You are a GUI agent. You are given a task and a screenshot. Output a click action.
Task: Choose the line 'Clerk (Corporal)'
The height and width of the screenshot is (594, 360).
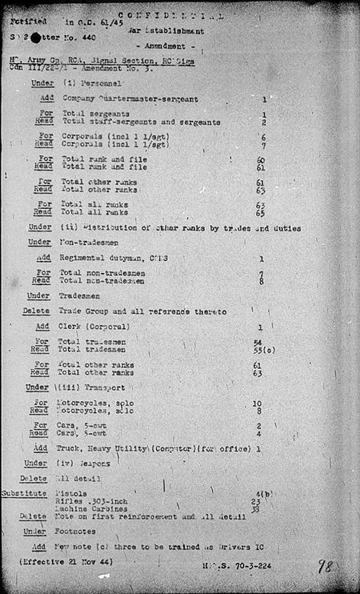[94, 327]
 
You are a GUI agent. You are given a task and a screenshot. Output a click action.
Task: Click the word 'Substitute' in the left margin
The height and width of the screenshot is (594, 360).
[23, 494]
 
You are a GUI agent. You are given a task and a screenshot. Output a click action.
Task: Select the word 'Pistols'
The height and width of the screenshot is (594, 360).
[73, 494]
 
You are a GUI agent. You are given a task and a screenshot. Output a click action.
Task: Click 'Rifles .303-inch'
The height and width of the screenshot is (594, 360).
[87, 501]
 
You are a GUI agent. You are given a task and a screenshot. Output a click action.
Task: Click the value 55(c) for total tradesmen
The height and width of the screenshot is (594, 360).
[261, 350]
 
